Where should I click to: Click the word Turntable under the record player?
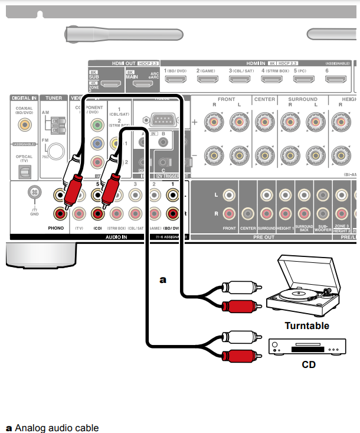click(x=307, y=325)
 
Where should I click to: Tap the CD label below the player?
click(x=309, y=364)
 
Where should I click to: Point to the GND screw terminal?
click(x=35, y=192)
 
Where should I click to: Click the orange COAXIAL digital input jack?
click(x=25, y=125)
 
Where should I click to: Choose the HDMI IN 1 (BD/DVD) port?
click(x=176, y=81)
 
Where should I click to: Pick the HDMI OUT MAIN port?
click(x=142, y=84)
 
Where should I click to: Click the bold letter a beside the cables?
click(x=163, y=279)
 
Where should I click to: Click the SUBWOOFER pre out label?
click(x=322, y=227)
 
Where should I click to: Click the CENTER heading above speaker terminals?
click(x=264, y=99)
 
